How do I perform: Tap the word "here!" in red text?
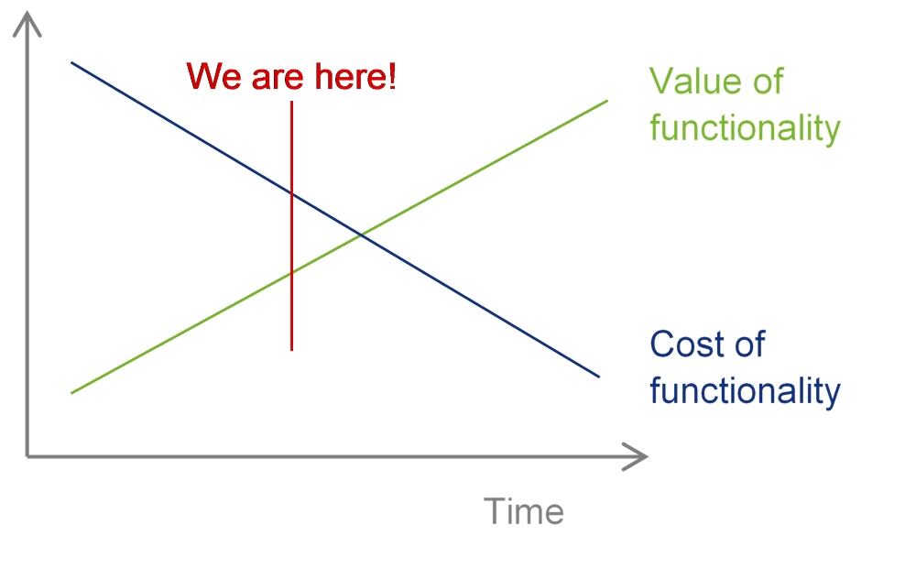pos(355,76)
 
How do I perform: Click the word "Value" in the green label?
pos(696,81)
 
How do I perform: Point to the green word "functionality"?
pos(745,127)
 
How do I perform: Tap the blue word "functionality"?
pos(745,390)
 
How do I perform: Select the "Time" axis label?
pos(524,511)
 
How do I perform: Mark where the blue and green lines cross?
pos(362,235)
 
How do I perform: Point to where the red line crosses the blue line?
pos(291,192)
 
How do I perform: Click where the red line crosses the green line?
pos(291,272)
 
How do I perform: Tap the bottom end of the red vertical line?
pos(291,351)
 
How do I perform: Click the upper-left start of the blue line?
pos(71,62)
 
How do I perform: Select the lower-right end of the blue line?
pos(599,377)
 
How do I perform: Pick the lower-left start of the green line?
pos(71,393)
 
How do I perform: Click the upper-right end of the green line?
pos(607,101)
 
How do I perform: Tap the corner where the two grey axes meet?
pos(27,456)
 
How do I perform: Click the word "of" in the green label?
pos(768,81)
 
